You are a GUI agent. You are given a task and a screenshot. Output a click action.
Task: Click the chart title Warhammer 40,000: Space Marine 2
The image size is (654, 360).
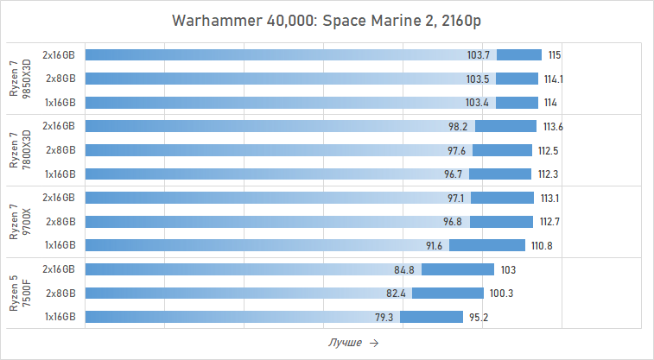(327, 20)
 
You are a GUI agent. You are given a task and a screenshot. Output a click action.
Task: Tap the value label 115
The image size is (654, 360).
(555, 55)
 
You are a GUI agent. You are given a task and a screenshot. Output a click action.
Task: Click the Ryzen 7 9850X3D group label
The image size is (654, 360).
(18, 79)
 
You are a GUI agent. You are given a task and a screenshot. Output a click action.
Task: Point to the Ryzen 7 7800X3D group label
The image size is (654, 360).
(18, 149)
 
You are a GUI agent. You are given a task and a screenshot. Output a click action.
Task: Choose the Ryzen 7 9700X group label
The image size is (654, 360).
(18, 221)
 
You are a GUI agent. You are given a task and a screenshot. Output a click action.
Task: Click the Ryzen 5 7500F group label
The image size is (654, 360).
(18, 293)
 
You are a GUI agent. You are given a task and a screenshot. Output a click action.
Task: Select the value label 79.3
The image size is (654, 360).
(384, 317)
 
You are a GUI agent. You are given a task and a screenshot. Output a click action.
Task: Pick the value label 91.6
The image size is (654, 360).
(434, 245)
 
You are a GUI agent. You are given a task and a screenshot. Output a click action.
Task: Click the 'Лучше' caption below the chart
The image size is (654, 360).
(345, 343)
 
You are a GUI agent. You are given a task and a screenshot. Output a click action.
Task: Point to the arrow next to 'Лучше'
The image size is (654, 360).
(373, 343)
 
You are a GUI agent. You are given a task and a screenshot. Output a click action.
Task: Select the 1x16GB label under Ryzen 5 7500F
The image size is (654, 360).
(60, 317)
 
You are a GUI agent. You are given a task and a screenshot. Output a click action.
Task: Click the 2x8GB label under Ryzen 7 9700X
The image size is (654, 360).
(60, 222)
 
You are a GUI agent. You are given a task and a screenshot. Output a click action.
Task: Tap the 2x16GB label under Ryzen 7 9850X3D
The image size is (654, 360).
(60, 55)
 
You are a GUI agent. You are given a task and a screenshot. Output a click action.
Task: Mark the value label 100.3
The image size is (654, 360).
(501, 294)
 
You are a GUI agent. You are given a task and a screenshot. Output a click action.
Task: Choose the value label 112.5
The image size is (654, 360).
(549, 150)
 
